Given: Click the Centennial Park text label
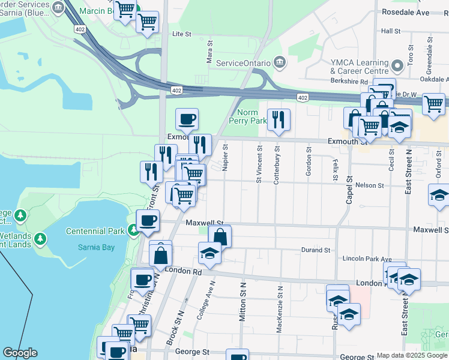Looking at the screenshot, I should point(95,231).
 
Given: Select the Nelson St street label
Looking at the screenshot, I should point(370,186).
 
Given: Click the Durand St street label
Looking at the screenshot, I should point(316,250).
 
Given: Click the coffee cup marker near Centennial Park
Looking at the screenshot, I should point(148,220).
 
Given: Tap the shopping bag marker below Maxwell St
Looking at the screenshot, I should point(220,236).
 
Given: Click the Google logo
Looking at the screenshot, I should point(20,353).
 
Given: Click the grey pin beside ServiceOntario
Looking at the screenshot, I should point(279,62).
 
